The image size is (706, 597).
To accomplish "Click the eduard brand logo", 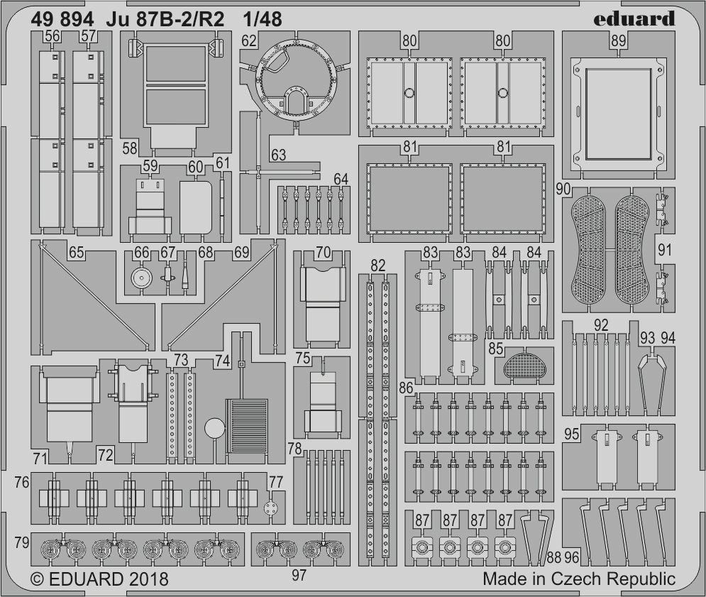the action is (634, 19).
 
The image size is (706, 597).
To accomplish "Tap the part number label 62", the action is (249, 41).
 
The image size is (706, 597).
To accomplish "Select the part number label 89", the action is (618, 41).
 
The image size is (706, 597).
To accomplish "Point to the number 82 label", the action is (377, 265).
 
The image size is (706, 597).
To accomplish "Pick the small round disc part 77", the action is (270, 508).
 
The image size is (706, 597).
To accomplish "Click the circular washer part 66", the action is (141, 279).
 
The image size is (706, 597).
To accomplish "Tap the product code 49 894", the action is (62, 19).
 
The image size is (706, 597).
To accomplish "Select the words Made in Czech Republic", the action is (579, 579).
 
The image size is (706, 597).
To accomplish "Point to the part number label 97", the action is (299, 576).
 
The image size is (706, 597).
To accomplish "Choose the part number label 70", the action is (324, 252).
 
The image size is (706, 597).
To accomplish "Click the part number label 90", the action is (563, 190).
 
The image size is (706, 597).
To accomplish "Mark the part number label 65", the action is (76, 252).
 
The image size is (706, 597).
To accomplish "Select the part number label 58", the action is (130, 148).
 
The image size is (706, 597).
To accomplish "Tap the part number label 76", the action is (21, 482).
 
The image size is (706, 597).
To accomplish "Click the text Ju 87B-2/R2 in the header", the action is (165, 19).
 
